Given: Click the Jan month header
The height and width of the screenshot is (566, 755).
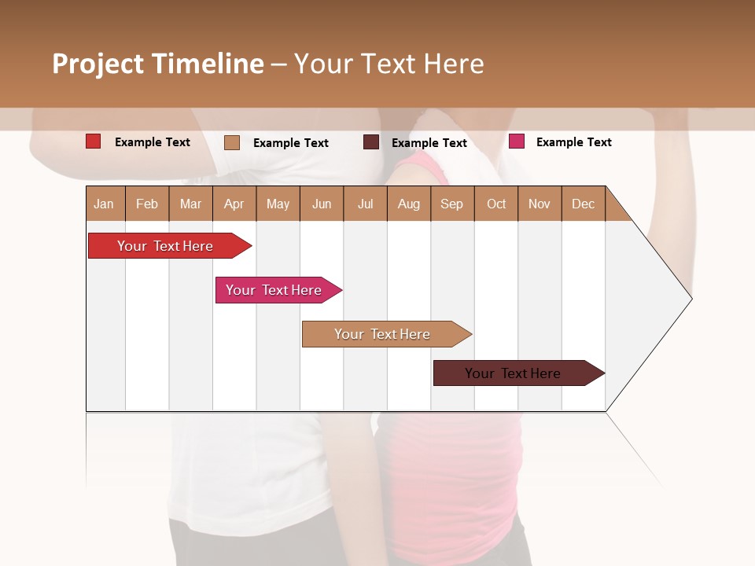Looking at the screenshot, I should (x=104, y=204).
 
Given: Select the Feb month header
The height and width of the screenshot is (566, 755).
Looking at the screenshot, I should (x=147, y=204).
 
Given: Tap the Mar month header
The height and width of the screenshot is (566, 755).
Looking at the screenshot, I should (x=190, y=204).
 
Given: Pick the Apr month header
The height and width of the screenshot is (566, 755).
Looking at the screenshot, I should (x=234, y=204).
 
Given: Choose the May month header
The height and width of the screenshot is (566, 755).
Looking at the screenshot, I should (x=278, y=204).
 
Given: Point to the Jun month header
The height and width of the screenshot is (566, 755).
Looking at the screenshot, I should (x=322, y=204).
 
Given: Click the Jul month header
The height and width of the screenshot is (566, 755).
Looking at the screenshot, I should (x=365, y=204).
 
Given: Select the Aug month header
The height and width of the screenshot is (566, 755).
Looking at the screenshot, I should (x=409, y=204).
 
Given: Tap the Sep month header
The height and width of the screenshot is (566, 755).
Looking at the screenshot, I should (x=452, y=204).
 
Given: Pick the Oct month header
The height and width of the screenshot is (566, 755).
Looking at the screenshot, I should (x=496, y=204).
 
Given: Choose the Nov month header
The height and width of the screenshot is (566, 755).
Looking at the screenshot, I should (x=540, y=204).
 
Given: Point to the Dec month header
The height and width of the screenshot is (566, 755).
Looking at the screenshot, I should (x=584, y=204).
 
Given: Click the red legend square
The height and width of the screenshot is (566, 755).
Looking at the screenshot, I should (x=94, y=141).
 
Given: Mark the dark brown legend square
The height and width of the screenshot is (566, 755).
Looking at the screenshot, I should (x=371, y=142).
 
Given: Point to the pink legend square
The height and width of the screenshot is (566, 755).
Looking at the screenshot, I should (x=517, y=141).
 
